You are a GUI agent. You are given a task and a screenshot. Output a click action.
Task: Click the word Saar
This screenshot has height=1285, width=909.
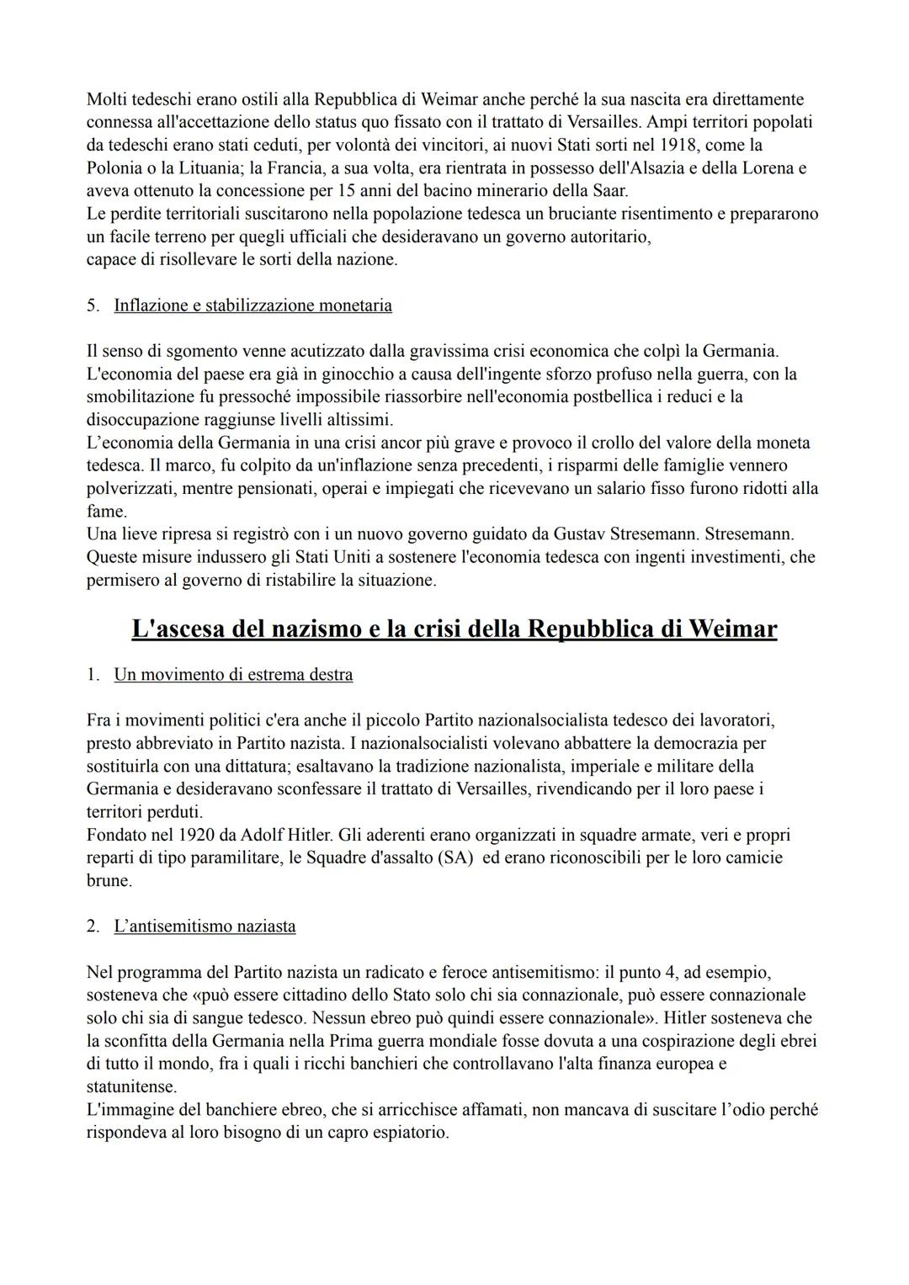[x=609, y=190]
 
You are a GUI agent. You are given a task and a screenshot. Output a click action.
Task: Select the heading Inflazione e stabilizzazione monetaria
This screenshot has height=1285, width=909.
[x=252, y=305]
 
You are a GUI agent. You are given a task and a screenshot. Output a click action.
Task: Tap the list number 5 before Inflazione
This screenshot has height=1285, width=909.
[x=93, y=305]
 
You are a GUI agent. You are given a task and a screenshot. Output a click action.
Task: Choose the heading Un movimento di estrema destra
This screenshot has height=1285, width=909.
[x=233, y=674]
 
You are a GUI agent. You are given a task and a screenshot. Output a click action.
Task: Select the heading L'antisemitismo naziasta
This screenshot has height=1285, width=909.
[x=205, y=927]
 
